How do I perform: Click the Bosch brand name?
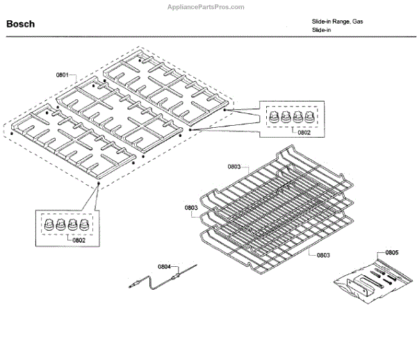pyautogui.click(x=21, y=24)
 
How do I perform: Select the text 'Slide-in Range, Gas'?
pyautogui.click(x=337, y=22)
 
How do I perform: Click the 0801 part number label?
pyautogui.click(x=63, y=74)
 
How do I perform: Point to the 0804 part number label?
pyautogui.click(x=164, y=266)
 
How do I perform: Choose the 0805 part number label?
pyautogui.click(x=393, y=252)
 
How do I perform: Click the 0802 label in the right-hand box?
pyautogui.click(x=303, y=132)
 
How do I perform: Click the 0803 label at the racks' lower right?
pyautogui.click(x=323, y=256)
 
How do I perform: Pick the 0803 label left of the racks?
pyautogui.click(x=192, y=207)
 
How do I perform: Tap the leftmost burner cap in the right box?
pyautogui.click(x=273, y=116)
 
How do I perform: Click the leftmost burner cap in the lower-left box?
pyautogui.click(x=49, y=224)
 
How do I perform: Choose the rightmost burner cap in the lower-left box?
pyautogui.click(x=84, y=224)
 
